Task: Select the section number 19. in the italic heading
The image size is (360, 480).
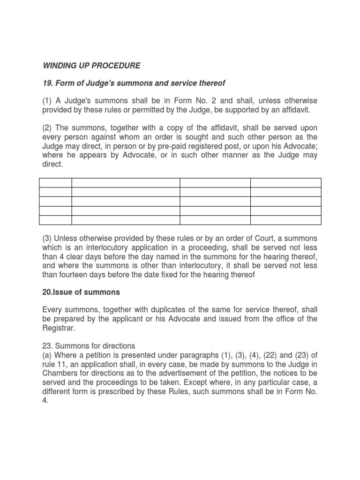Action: click(x=48, y=83)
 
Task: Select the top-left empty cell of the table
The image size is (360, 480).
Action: click(x=55, y=182)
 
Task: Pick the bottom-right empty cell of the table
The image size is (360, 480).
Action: click(x=285, y=220)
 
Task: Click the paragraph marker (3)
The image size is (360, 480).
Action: click(x=47, y=238)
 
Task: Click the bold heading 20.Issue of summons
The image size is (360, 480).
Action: click(x=81, y=292)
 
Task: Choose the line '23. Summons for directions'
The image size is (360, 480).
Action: click(x=89, y=346)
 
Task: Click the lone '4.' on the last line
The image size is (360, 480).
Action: click(x=45, y=400)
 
